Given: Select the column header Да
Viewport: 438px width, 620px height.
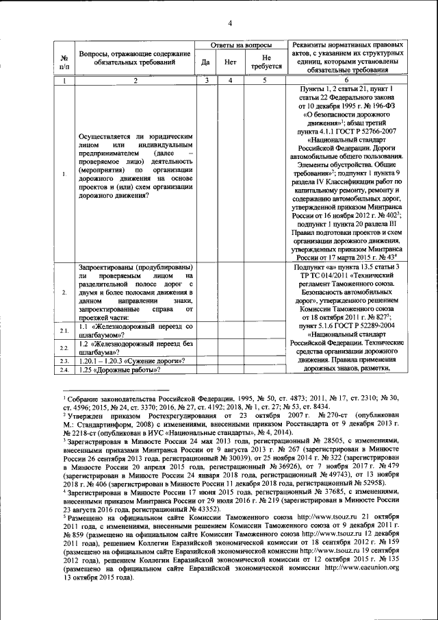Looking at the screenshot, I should (205, 63).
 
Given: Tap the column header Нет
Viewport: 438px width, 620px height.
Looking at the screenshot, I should (231, 63).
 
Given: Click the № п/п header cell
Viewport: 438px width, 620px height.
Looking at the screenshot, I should (64, 63).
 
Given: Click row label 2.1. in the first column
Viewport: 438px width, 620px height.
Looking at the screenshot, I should (64, 332).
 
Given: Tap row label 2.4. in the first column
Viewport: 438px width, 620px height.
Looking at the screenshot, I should (64, 371).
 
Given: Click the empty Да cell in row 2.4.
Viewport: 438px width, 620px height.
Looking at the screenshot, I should (205, 371).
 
